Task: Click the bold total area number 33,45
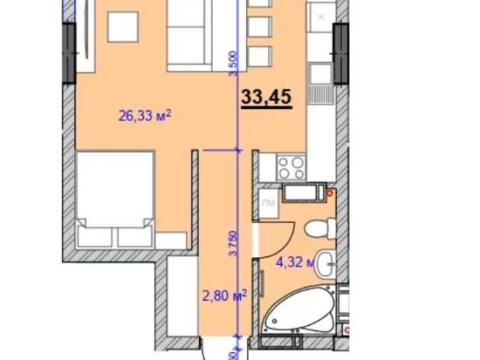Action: pos(266,98)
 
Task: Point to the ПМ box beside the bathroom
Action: pos(268,203)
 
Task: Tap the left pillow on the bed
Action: pos(93,233)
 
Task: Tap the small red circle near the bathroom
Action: pos(327,195)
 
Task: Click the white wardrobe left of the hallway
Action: pos(178,300)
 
